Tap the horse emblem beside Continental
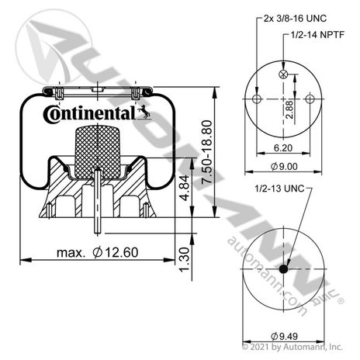(x=144, y=112)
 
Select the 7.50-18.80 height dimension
(x=207, y=152)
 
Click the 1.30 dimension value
(x=185, y=259)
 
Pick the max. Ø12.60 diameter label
(x=98, y=252)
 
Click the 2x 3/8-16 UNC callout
(x=295, y=19)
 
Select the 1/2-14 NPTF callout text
(x=317, y=34)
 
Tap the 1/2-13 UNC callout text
(x=279, y=189)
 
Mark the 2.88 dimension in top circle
(x=289, y=109)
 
